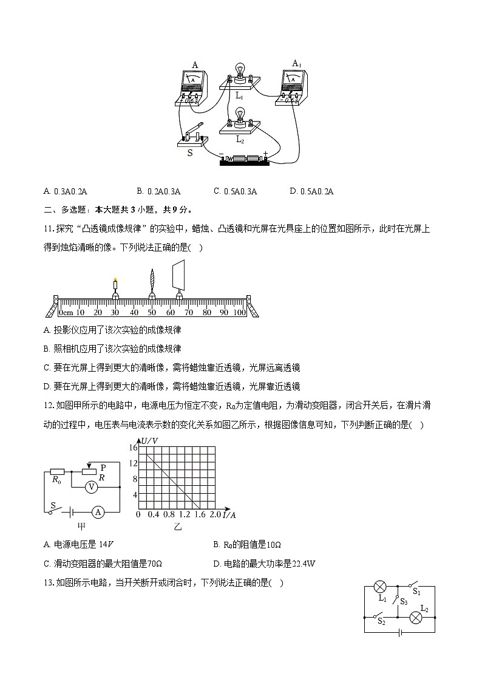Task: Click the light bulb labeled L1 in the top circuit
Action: [x=240, y=72]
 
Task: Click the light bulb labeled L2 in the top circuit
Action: [x=239, y=115]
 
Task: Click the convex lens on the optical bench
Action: [x=152, y=282]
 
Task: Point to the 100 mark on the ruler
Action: [x=239, y=312]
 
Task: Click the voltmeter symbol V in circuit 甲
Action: [x=91, y=486]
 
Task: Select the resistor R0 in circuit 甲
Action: [x=57, y=471]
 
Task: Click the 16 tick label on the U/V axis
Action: [x=133, y=447]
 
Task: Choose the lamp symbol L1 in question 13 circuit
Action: [x=381, y=587]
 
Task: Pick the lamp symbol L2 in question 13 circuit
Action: [x=416, y=616]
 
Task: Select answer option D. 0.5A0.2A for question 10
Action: [x=311, y=191]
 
